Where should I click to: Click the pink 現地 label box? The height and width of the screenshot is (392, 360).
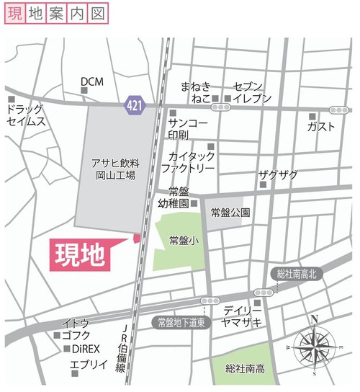click(80, 254)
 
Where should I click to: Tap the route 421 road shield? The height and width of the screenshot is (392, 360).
click(133, 105)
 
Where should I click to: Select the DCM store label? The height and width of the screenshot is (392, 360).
click(92, 81)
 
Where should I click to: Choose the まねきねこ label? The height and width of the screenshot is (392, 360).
click(195, 92)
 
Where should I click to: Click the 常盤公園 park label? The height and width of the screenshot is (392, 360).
click(230, 213)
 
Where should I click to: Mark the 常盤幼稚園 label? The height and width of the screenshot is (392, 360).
click(178, 197)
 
